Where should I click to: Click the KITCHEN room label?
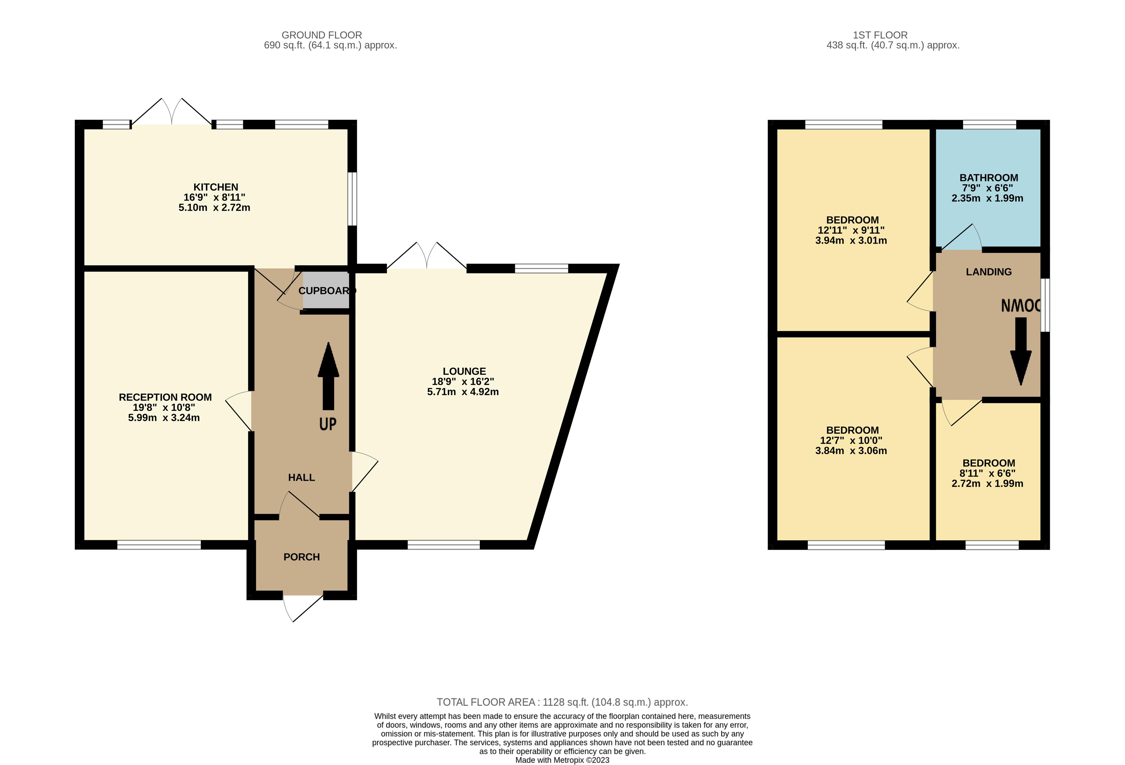coord(216,187)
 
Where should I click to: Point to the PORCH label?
coord(301,557)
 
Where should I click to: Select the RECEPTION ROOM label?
coord(165,397)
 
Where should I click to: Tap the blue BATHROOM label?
coord(988,178)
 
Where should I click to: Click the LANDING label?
coord(988,271)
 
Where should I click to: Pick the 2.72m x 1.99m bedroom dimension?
coord(987,483)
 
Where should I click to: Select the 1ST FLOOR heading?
coord(880,35)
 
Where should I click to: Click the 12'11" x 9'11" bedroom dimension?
coord(851,230)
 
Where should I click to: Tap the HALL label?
coord(301,477)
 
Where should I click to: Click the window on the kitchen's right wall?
coord(353,199)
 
